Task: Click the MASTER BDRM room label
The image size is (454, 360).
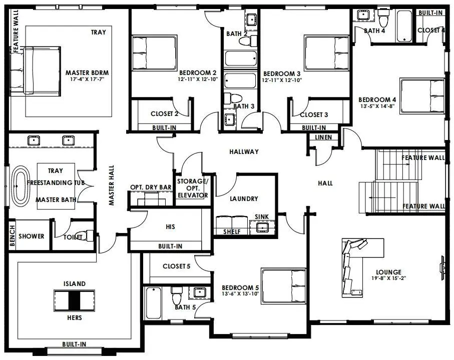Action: (x=87, y=72)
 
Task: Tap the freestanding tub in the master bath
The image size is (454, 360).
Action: (x=21, y=186)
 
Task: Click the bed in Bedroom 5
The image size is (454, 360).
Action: (x=283, y=285)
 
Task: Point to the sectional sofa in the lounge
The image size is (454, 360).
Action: (x=353, y=266)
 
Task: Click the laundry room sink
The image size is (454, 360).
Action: (x=262, y=227)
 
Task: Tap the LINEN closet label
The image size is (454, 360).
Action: (x=323, y=137)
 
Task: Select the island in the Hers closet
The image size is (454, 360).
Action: (x=74, y=300)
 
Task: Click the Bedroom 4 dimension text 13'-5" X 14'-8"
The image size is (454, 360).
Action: (x=377, y=106)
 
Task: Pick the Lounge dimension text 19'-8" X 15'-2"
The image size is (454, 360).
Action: (x=388, y=278)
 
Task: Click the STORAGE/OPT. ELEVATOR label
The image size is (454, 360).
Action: (x=193, y=188)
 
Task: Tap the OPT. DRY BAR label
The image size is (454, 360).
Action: (x=151, y=187)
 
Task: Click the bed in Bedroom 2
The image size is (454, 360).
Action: (x=154, y=53)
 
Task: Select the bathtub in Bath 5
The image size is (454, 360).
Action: (x=154, y=302)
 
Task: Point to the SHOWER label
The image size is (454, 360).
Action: (x=31, y=236)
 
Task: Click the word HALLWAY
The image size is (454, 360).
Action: (x=244, y=151)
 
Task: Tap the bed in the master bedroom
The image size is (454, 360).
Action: (x=36, y=71)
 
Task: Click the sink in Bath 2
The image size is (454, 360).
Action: (x=252, y=19)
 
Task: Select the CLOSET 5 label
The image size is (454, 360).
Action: (x=176, y=266)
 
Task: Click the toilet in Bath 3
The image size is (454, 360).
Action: (x=233, y=98)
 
